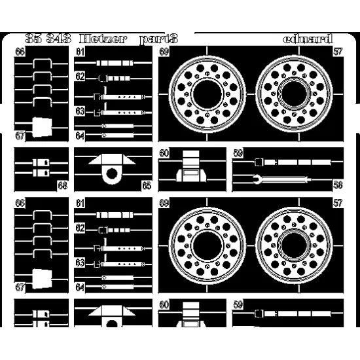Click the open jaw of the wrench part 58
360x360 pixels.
[x=254, y=178]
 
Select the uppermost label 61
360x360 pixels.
[x=80, y=52]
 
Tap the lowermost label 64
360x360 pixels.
[x=80, y=287]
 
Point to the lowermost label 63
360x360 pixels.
[x=80, y=262]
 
